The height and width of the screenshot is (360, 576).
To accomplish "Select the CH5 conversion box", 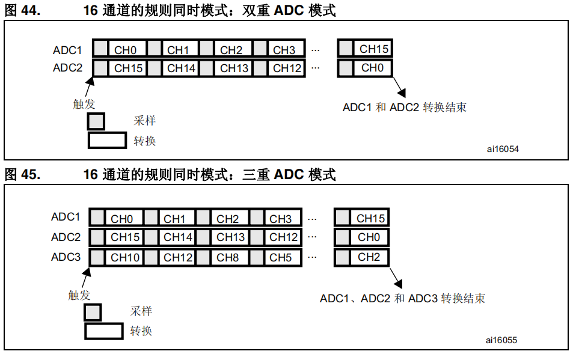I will (281, 258).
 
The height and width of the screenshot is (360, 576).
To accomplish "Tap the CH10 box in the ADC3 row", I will (125, 258).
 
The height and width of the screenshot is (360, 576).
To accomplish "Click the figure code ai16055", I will (501, 340).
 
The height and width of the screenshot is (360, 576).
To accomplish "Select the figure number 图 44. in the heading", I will (22, 10).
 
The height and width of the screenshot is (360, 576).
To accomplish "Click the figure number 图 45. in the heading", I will (22, 175).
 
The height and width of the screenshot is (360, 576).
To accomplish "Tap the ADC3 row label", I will (66, 257).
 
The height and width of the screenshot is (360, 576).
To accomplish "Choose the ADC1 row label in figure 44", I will (67, 50).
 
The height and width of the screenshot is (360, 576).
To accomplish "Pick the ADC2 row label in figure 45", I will (66, 237).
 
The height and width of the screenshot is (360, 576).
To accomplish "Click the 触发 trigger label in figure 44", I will (84, 104).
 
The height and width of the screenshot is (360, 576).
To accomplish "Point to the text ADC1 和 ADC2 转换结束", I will (404, 108).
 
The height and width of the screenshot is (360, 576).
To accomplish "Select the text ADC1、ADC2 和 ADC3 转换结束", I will (402, 298).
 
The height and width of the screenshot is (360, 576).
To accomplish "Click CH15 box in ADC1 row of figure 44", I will (374, 49).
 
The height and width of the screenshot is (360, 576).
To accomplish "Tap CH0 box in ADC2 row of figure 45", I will (369, 237).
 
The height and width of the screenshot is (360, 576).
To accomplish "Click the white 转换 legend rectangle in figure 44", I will (107, 141).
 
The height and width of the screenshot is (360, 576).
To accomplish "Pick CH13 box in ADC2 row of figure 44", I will (234, 68).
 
